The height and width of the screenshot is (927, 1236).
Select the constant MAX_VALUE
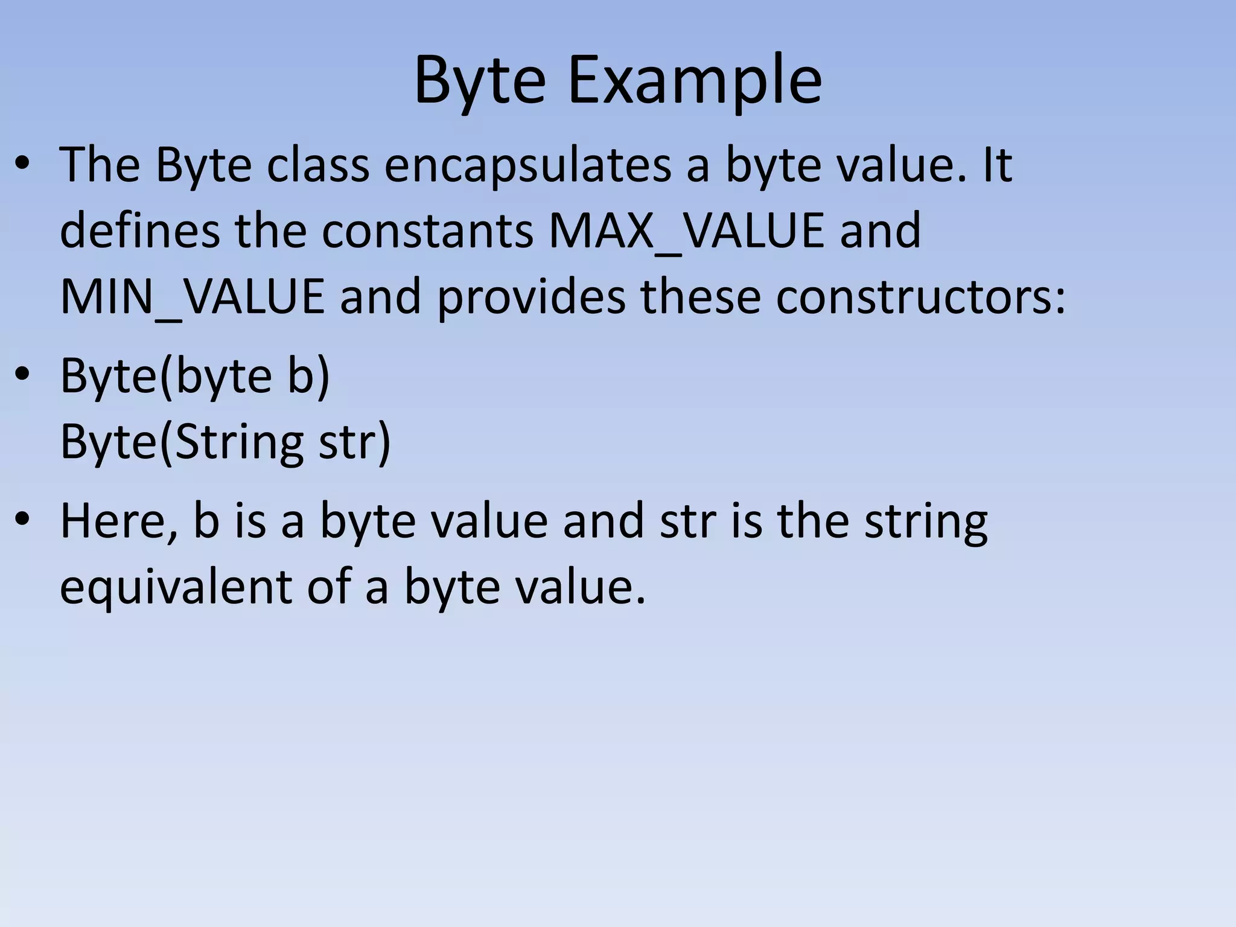[686, 231]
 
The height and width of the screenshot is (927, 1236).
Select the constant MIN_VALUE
[193, 296]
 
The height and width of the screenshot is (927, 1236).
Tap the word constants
[427, 231]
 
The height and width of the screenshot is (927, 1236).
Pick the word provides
[531, 296]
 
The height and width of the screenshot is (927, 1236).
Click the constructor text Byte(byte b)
[195, 376]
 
